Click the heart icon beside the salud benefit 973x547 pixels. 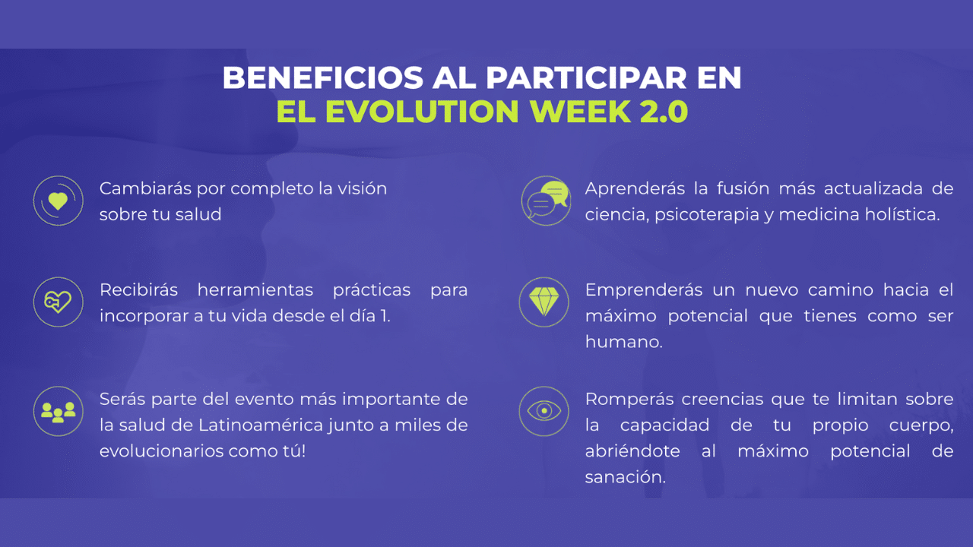[59, 201]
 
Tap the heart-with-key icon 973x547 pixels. [59, 302]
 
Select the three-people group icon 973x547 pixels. [59, 411]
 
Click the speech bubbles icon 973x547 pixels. [546, 201]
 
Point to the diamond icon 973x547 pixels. [544, 302]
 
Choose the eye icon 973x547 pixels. [544, 411]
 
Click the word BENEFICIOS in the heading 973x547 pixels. [323, 78]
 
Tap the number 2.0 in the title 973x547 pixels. [664, 112]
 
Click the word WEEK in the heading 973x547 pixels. [580, 112]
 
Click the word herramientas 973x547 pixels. [255, 290]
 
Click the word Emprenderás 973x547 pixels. [644, 290]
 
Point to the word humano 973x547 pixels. [624, 342]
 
